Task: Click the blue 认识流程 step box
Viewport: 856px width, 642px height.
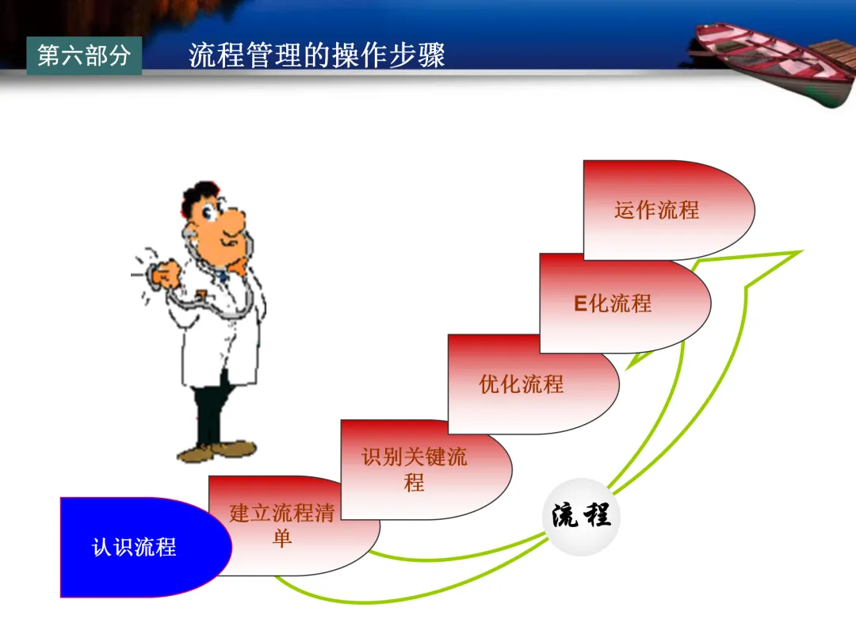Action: point(135,547)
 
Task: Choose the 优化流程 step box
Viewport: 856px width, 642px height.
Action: point(523,384)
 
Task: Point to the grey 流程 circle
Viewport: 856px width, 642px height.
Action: point(582,516)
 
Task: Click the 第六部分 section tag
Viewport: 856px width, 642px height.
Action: point(84,55)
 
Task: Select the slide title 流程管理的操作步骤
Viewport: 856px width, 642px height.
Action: point(317,55)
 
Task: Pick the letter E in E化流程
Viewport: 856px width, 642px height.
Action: point(580,304)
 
